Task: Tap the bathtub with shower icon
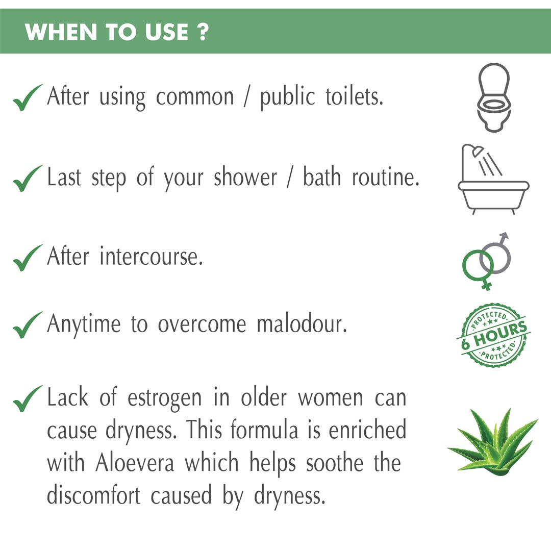click(493, 183)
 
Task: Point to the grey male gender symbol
click(496, 253)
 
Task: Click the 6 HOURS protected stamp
click(494, 336)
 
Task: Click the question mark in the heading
click(203, 32)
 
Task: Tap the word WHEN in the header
click(61, 32)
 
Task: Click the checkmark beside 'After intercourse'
click(28, 258)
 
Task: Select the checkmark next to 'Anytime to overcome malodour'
click(28, 325)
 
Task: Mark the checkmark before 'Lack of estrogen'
click(28, 398)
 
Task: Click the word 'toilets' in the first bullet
click(354, 96)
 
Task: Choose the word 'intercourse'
click(151, 256)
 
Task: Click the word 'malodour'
click(302, 323)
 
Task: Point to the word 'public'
click(287, 97)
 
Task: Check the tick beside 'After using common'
click(28, 97)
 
